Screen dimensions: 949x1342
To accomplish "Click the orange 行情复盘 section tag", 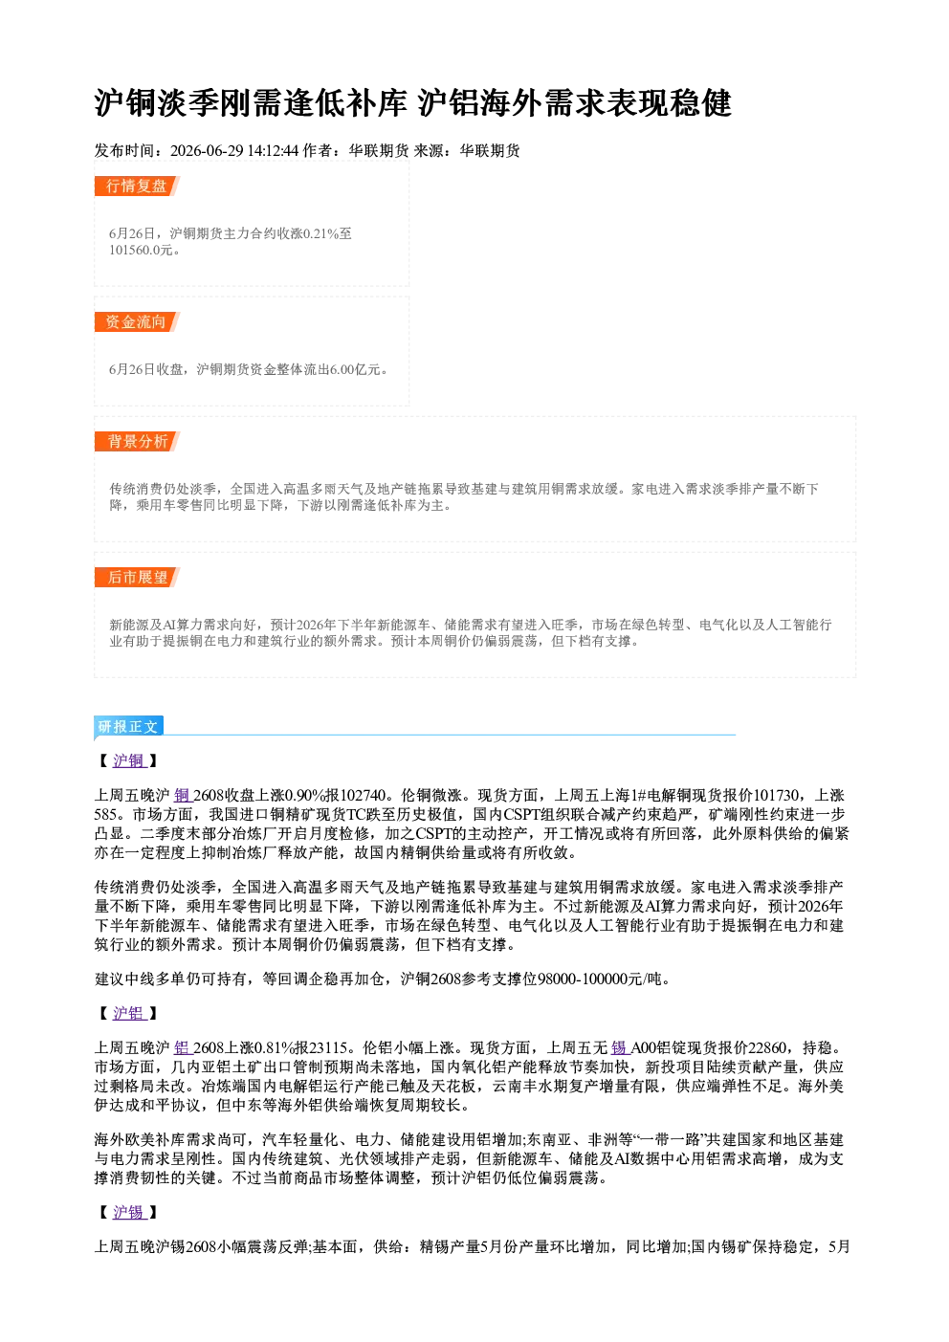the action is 137,186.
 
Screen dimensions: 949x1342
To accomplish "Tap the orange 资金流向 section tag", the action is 137,321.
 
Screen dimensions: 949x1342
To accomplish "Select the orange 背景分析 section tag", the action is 137,442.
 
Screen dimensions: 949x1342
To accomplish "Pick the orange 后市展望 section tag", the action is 137,578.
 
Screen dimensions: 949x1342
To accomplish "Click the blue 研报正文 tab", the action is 128,727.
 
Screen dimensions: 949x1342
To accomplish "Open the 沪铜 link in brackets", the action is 129,760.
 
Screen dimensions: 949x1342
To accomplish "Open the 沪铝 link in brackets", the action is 129,1013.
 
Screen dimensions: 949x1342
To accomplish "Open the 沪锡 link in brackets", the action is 129,1213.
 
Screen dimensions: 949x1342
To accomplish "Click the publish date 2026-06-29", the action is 207,150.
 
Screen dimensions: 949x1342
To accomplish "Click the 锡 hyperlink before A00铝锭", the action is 620,1047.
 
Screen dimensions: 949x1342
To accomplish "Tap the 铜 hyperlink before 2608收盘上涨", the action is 183,796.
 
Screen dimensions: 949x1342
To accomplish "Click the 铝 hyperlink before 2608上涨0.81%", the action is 183,1047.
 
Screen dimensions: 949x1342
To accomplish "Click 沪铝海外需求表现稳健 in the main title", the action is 575,103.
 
